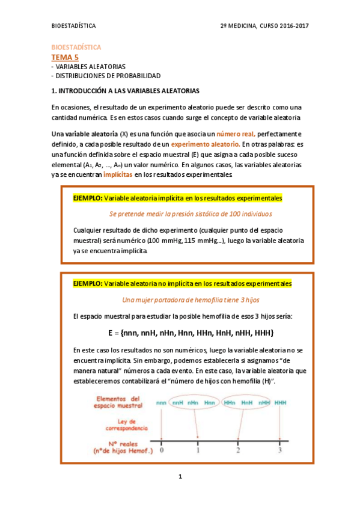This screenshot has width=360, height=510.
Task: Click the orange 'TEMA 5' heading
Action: [65, 57]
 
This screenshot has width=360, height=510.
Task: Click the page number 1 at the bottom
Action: [180, 477]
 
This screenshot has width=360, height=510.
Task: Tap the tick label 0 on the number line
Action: [162, 450]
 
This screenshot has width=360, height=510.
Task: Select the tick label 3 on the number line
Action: [279, 450]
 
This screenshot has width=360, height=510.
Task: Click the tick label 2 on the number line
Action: [239, 450]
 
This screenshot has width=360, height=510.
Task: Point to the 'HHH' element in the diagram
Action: [281, 402]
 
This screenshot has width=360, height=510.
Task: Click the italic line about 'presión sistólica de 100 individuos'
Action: [191, 214]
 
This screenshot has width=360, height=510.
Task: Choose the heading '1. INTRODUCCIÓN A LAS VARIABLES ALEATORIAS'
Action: [125, 91]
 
